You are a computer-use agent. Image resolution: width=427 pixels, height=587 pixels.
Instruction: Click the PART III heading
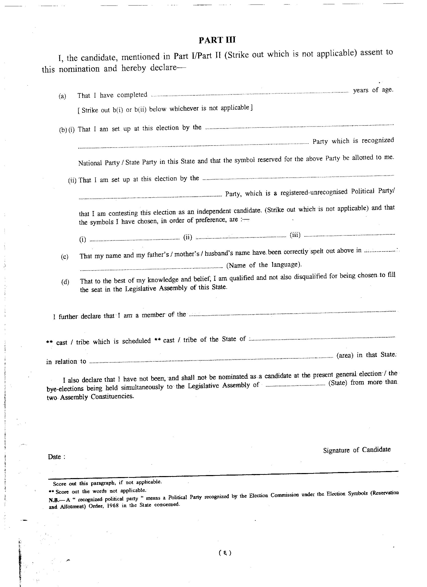[217, 40]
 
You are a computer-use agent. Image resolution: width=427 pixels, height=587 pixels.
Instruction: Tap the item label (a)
[62, 97]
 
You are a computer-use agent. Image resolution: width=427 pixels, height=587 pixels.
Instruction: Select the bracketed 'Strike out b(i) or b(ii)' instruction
[165, 109]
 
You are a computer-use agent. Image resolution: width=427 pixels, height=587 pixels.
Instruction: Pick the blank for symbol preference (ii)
[241, 237]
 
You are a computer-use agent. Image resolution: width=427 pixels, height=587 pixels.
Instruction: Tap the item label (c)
[65, 257]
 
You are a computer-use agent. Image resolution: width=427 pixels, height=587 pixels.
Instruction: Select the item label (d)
[65, 282]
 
